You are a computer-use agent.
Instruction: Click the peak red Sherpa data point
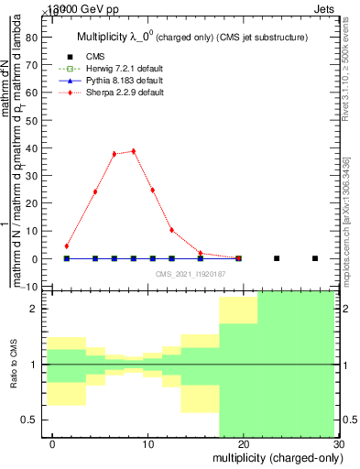pyautogui.click(x=134, y=151)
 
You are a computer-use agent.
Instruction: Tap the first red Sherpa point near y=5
pyautogui.click(x=67, y=245)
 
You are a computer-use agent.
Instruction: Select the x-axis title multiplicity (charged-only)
pyautogui.click(x=274, y=458)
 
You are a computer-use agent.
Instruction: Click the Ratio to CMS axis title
pyautogui.click(x=14, y=364)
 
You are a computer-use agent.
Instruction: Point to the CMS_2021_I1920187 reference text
pyautogui.click(x=191, y=273)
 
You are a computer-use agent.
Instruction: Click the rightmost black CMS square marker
pyautogui.click(x=315, y=258)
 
